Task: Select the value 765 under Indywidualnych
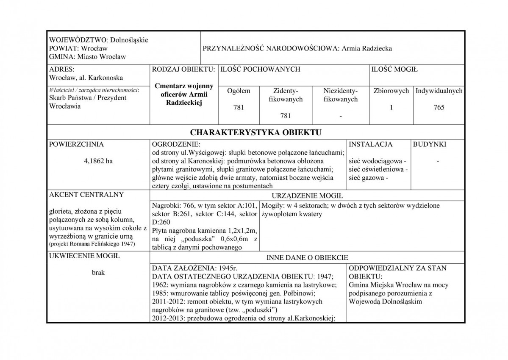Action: [439, 108]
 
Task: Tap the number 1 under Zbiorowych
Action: [391, 108]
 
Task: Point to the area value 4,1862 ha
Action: [99, 161]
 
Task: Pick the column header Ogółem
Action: [239, 91]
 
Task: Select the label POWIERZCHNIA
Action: [77, 144]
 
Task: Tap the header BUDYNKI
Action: [429, 144]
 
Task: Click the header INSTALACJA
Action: [370, 144]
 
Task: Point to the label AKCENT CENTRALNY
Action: [86, 195]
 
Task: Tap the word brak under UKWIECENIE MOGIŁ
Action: [98, 273]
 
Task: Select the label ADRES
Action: [62, 69]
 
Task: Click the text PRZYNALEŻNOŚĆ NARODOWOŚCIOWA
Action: [270, 48]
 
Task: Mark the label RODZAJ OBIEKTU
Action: [183, 69]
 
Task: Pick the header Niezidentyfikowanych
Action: [340, 95]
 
